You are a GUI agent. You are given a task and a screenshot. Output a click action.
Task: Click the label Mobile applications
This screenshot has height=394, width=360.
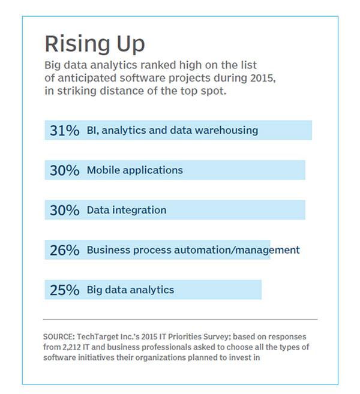coord(134,170)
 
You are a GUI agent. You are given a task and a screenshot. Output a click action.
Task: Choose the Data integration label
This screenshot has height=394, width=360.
coord(126,210)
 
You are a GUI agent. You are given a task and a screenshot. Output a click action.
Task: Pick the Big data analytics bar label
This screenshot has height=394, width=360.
coord(130,290)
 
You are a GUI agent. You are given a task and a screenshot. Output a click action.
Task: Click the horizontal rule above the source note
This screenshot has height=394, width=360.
coord(180,320)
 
